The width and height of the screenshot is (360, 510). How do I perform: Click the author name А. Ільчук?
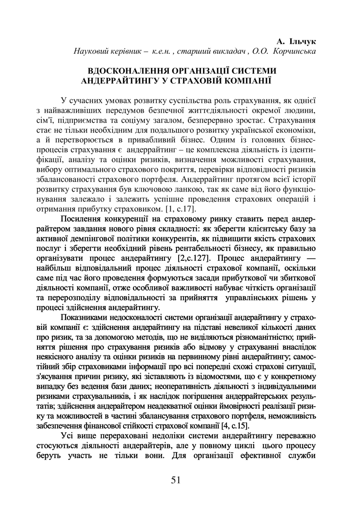[x=296, y=42]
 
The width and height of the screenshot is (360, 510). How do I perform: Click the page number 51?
[x=176, y=480]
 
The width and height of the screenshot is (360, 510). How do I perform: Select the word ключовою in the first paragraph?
[x=158, y=189]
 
